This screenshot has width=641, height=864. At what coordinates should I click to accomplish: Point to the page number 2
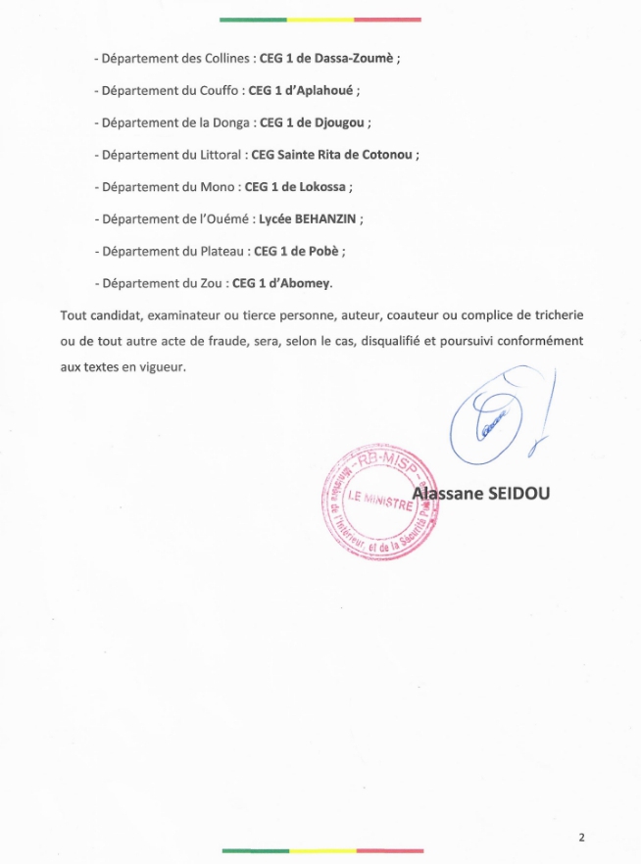coord(581,838)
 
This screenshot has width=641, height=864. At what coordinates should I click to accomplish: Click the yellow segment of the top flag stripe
coord(320,19)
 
